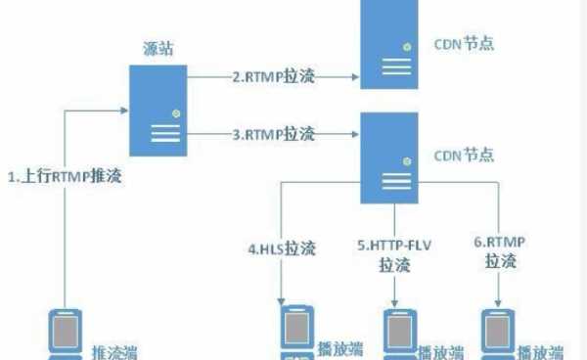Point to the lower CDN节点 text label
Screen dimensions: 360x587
pos(464,155)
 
